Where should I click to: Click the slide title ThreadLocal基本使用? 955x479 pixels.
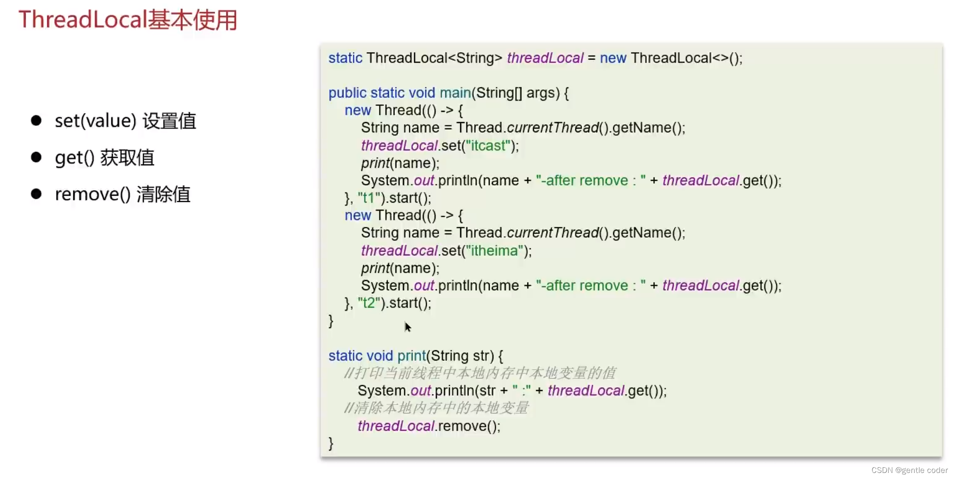pos(128,20)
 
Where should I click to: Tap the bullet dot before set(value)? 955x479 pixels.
pos(36,121)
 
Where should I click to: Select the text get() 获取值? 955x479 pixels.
pos(104,157)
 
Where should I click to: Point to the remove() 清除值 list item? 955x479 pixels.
pos(122,194)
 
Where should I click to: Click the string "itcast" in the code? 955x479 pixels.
pos(488,146)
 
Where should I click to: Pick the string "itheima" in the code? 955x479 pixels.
pos(494,251)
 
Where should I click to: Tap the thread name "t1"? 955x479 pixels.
pos(369,198)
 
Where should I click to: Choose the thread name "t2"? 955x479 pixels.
pos(369,303)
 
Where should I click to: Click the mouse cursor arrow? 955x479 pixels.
pos(408,327)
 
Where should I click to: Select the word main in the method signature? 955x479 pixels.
pos(455,93)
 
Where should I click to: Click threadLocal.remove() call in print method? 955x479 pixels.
pos(429,426)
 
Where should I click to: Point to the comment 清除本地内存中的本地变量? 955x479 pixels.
pos(436,408)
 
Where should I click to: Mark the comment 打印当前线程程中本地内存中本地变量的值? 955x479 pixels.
pos(480,373)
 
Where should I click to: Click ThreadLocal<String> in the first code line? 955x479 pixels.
pos(434,58)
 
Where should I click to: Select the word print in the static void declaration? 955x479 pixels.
pos(411,356)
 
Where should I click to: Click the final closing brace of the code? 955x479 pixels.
pos(331,443)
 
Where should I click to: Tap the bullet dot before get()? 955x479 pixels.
pos(36,157)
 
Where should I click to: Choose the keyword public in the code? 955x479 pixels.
pos(347,93)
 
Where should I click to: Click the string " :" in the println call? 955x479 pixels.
pos(521,391)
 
